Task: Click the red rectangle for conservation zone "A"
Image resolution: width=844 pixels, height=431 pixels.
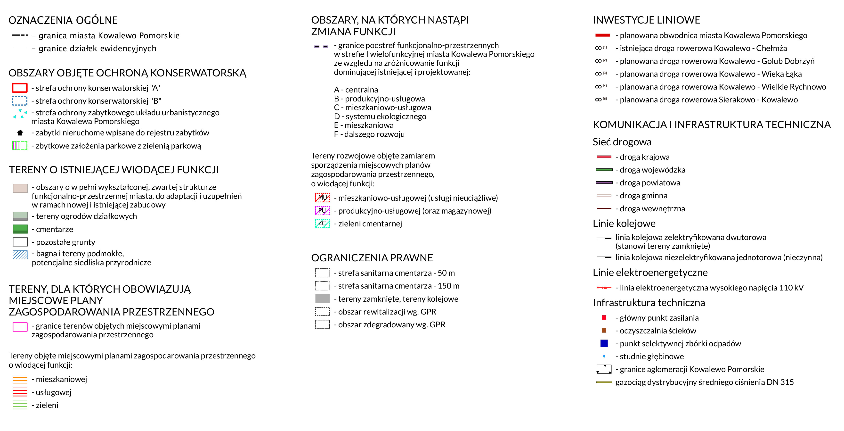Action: [x=20, y=88]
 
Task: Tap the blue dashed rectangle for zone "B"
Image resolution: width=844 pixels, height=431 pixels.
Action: [x=20, y=101]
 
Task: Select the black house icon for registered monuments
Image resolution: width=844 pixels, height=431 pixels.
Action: [x=20, y=133]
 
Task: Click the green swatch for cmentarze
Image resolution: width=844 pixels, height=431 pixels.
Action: [x=20, y=229]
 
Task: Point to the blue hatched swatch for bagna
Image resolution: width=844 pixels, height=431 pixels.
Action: [x=20, y=255]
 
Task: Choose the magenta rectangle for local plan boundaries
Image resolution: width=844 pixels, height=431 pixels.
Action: [x=20, y=327]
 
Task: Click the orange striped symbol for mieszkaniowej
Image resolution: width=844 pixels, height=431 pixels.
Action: [x=20, y=379]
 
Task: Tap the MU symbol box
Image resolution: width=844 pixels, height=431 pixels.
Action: [x=322, y=198]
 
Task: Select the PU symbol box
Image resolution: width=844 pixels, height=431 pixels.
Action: [x=322, y=210]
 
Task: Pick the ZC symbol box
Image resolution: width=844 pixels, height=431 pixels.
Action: [x=322, y=224]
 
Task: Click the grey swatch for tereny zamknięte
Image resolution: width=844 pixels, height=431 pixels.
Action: [x=322, y=298]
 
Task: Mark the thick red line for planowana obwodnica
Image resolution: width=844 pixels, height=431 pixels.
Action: [x=602, y=35]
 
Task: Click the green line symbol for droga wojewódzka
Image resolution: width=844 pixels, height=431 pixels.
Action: [x=604, y=170]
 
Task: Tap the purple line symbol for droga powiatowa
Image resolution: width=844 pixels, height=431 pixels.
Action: [x=604, y=182]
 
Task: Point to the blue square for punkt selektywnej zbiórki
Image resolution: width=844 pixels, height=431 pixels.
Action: [x=604, y=343]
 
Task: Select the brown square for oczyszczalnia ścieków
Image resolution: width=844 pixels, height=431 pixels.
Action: [x=604, y=330]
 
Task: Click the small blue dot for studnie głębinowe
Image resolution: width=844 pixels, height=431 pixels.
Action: [x=604, y=356]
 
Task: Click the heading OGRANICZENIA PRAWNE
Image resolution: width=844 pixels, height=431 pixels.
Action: [x=372, y=258]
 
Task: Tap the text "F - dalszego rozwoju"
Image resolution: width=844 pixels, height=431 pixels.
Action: [x=369, y=134]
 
